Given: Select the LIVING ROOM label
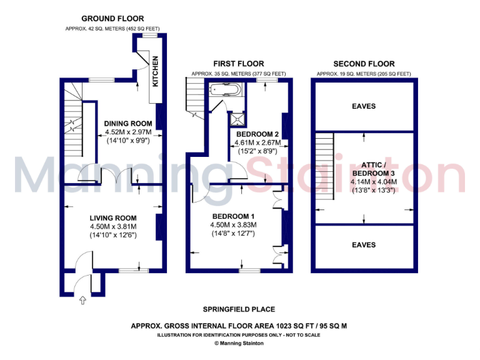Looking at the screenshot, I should click(x=112, y=218).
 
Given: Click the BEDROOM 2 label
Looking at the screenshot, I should click(x=257, y=134).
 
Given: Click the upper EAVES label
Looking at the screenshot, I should click(x=364, y=106).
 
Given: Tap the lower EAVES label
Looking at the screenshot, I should click(x=364, y=245).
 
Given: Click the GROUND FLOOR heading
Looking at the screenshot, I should click(x=112, y=19).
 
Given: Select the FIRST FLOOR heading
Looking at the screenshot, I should click(x=238, y=64).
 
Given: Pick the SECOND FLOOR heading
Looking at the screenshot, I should click(x=364, y=64).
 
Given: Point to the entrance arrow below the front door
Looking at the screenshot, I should click(x=83, y=301).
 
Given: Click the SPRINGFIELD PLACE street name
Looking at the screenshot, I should click(x=239, y=309).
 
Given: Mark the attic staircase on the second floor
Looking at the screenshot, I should click(x=323, y=169).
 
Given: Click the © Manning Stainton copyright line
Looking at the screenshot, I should click(x=239, y=343).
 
